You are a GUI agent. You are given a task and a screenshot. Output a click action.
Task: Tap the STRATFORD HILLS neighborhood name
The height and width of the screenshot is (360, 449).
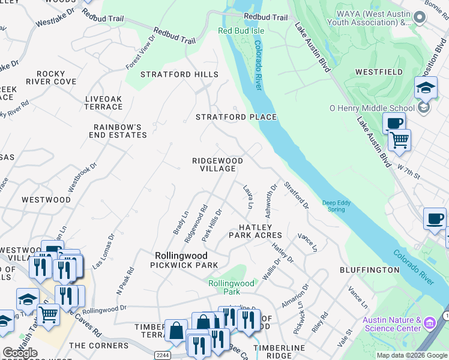(x=179, y=74)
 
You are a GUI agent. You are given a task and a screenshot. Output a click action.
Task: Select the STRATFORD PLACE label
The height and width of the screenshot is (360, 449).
(x=237, y=117)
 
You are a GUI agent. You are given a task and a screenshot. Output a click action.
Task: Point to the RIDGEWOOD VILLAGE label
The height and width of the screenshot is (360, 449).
(x=217, y=165)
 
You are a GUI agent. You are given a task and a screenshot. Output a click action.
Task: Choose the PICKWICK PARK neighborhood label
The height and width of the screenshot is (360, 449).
(x=184, y=265)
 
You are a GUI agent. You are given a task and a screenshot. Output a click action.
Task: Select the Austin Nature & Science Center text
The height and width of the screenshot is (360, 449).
(x=392, y=325)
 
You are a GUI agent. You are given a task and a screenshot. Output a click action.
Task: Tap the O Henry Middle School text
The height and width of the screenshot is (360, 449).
(x=372, y=108)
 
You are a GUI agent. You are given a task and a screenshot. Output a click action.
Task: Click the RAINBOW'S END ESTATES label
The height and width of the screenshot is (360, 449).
(x=120, y=131)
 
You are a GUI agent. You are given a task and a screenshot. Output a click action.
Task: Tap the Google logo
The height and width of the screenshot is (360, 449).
(x=20, y=353)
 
